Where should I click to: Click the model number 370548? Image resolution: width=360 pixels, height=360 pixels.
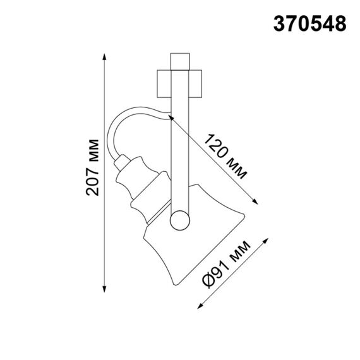pyautogui.click(x=309, y=23)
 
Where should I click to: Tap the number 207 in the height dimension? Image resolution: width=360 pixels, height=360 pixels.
pyautogui.click(x=92, y=184)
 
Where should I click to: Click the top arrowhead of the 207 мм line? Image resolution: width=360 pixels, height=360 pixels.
pyautogui.click(x=104, y=57)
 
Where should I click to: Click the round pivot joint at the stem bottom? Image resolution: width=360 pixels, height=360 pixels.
pyautogui.click(x=180, y=220)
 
